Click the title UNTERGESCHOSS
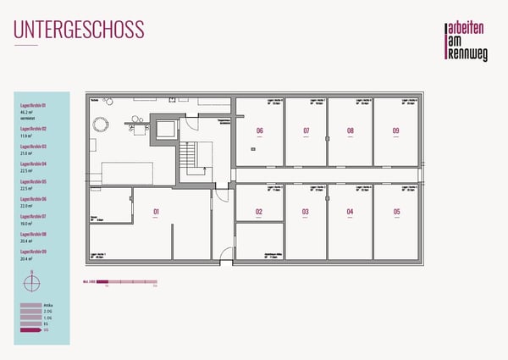click(x=79, y=30)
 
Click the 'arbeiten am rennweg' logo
click(x=467, y=40)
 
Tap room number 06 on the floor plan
click(x=260, y=130)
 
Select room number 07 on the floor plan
click(x=306, y=130)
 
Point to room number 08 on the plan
click(x=351, y=130)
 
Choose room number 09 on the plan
click(x=395, y=130)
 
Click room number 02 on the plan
click(x=259, y=212)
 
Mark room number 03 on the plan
click(x=306, y=212)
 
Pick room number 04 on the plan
click(x=351, y=212)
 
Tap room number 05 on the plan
click(x=396, y=212)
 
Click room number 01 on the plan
click(x=157, y=212)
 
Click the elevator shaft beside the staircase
click(x=163, y=130)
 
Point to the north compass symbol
click(x=31, y=277)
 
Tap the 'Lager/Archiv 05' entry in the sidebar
click(x=34, y=181)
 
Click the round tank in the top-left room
click(x=102, y=125)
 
